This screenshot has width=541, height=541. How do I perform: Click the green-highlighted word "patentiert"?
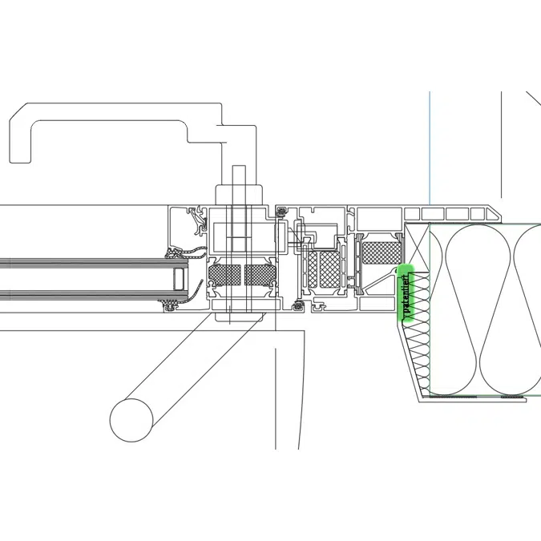tap(406, 294)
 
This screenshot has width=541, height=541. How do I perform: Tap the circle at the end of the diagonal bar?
tap(131, 419)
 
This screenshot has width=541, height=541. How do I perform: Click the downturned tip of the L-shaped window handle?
tap(22, 152)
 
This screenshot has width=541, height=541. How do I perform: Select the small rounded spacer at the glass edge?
tap(179, 280)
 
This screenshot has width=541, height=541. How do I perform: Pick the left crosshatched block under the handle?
tap(224, 275)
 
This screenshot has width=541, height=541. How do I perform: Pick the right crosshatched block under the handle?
tap(260, 275)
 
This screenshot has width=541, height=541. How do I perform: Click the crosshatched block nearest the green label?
tap(379, 252)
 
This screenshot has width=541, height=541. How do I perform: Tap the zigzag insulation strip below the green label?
tap(419, 353)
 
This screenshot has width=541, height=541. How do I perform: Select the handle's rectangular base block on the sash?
tap(239, 197)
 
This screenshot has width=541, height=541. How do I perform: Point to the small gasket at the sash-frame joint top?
tap(281, 211)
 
